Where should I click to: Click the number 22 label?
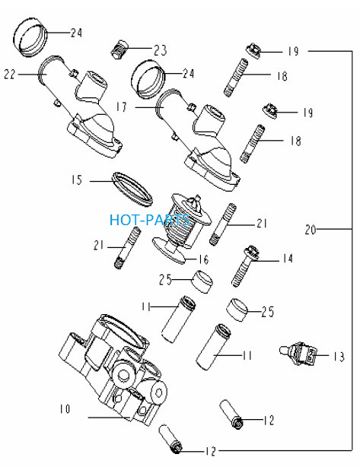(x=9, y=75)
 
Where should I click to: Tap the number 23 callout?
(x=161, y=49)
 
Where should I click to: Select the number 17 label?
(x=121, y=106)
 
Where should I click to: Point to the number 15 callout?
(x=77, y=180)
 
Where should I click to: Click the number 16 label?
(x=203, y=259)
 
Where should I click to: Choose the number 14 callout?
(x=288, y=259)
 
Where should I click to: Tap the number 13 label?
(x=339, y=356)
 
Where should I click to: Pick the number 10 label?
(x=65, y=409)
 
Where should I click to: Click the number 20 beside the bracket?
(x=311, y=230)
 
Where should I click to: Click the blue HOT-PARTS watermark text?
(x=149, y=220)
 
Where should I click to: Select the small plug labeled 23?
(x=119, y=49)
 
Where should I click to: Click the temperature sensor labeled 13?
(x=297, y=353)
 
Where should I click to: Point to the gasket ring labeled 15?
(x=132, y=189)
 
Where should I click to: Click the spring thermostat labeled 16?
(x=182, y=229)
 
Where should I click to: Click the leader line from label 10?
(x=110, y=418)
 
